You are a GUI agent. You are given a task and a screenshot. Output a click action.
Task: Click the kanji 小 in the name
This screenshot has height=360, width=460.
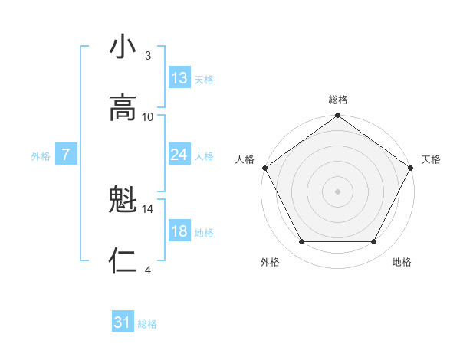coord(123,47)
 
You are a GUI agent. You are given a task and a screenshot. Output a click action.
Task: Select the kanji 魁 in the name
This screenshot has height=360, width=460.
coord(123,201)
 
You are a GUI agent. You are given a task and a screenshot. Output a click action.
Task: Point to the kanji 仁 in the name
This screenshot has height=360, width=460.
coord(123,262)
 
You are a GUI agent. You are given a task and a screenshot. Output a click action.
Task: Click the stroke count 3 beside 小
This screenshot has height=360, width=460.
coord(148,55)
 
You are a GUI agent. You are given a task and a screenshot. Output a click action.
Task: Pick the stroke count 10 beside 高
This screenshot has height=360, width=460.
coord(148,116)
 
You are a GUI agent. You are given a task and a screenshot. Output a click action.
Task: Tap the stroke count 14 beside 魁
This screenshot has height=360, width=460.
coord(148,208)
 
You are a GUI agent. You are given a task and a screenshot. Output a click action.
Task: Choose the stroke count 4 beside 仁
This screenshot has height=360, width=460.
coord(148,270)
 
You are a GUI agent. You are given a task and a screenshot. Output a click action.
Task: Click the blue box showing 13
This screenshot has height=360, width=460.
coord(179,78)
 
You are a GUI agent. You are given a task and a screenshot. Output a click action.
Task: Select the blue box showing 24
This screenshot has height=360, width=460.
coord(179,155)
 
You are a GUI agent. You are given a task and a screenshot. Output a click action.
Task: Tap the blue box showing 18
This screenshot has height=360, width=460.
coord(179,231)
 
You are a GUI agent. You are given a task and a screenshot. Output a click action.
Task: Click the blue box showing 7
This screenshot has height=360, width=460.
coord(66,155)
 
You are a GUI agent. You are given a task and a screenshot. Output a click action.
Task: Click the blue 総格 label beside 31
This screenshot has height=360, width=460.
coord(147,324)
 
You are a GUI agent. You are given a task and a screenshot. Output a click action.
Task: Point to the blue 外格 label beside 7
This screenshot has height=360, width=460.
coord(41,155)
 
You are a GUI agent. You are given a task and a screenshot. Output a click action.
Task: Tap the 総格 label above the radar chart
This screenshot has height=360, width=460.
coord(338,100)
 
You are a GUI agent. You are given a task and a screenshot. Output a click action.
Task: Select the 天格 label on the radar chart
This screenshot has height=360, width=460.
coord(431,159)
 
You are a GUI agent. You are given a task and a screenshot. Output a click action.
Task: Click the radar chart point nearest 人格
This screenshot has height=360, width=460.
coord(264,168)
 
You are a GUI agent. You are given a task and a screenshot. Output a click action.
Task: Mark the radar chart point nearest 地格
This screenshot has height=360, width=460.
coord(374,242)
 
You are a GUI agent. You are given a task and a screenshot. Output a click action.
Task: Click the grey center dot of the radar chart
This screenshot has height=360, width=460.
coord(338,191)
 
